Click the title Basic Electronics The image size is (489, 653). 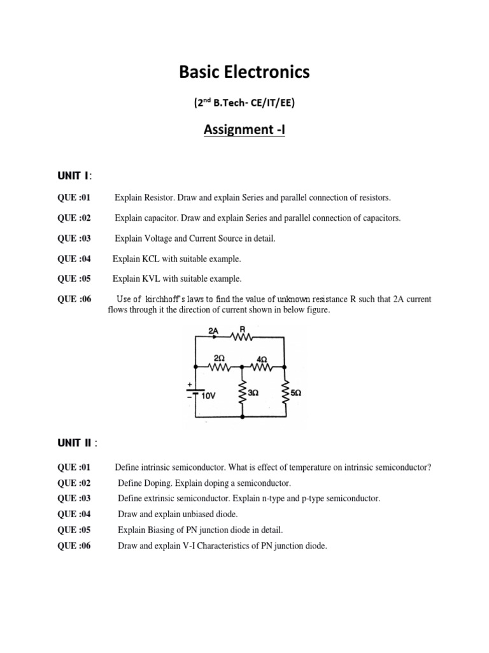244,73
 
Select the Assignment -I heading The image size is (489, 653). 244,130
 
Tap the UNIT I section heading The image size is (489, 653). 74,175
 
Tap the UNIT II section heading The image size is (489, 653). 77,443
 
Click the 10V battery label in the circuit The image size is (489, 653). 209,395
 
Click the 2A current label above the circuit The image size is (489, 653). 213,330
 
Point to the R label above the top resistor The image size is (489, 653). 243,329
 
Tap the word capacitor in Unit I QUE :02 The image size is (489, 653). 159,218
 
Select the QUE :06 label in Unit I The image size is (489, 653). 74,299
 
